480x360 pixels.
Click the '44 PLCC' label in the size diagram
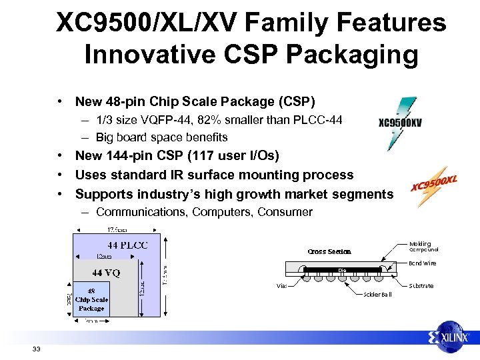[128, 245]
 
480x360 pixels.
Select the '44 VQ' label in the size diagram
[106, 273]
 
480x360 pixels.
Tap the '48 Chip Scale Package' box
[91, 299]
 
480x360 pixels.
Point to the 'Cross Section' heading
[329, 251]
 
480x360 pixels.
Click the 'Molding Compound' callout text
[423, 247]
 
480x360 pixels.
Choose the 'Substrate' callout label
[421, 286]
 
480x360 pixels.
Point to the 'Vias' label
[283, 286]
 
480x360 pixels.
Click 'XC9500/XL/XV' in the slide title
[147, 23]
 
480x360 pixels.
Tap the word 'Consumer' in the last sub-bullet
[285, 212]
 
